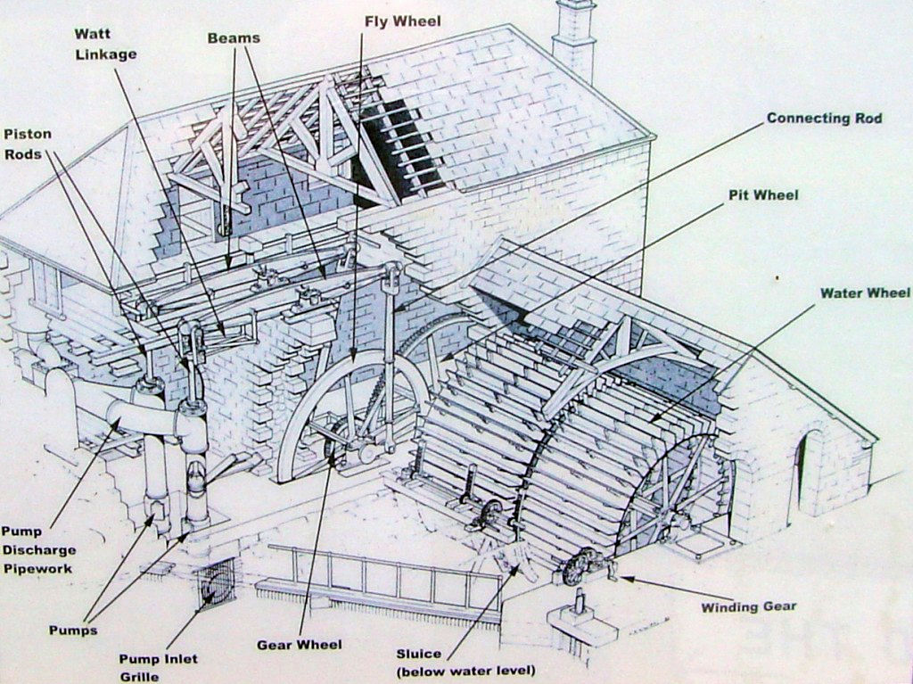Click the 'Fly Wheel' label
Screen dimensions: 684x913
tap(402, 21)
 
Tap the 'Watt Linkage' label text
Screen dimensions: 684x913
tap(105, 44)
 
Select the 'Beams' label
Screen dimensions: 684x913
tap(234, 38)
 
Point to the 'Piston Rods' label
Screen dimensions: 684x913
tap(29, 144)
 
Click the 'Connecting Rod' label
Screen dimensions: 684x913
tap(824, 118)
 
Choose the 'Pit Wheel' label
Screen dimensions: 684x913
tap(763, 195)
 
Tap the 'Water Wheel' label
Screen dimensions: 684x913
tap(865, 293)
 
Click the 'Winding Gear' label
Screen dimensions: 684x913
tap(748, 607)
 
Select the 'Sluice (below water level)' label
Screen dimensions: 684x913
tap(465, 661)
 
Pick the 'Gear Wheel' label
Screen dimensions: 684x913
tap(299, 644)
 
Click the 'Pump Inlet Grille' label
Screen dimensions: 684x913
tap(158, 667)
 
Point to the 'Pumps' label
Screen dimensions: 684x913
tap(73, 630)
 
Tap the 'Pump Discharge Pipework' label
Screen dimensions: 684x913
tap(38, 549)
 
